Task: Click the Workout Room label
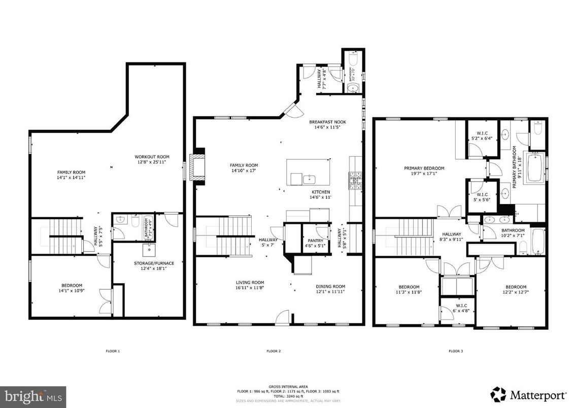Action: point(152,157)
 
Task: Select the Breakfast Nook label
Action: point(327,122)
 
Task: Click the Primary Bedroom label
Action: point(424,168)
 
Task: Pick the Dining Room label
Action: point(330,286)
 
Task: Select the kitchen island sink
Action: point(309,179)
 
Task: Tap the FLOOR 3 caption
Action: point(455,351)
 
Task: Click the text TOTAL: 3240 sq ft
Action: point(288,396)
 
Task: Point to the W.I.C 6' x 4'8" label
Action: point(461,308)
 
